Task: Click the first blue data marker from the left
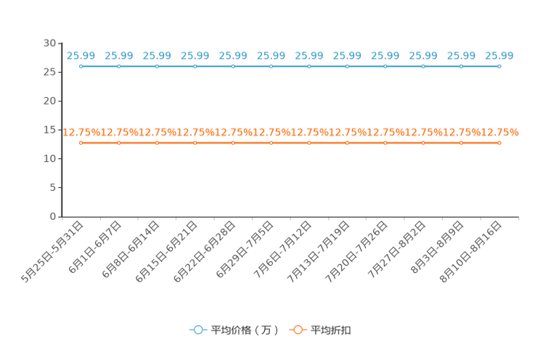click(81, 67)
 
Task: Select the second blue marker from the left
click(119, 67)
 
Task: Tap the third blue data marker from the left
click(157, 67)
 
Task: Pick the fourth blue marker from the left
click(195, 67)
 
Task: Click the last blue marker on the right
click(499, 67)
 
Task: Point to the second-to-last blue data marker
click(461, 67)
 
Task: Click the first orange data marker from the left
click(81, 143)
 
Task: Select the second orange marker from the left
click(119, 143)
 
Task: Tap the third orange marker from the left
click(157, 143)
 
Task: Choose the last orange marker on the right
click(499, 143)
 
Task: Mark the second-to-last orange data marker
click(461, 143)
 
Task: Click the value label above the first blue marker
click(81, 55)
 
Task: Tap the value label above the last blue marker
click(499, 55)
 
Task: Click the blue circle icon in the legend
click(197, 330)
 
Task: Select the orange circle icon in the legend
click(298, 330)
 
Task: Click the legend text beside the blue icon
click(244, 330)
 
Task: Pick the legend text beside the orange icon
click(331, 330)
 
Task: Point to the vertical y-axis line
click(62, 131)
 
